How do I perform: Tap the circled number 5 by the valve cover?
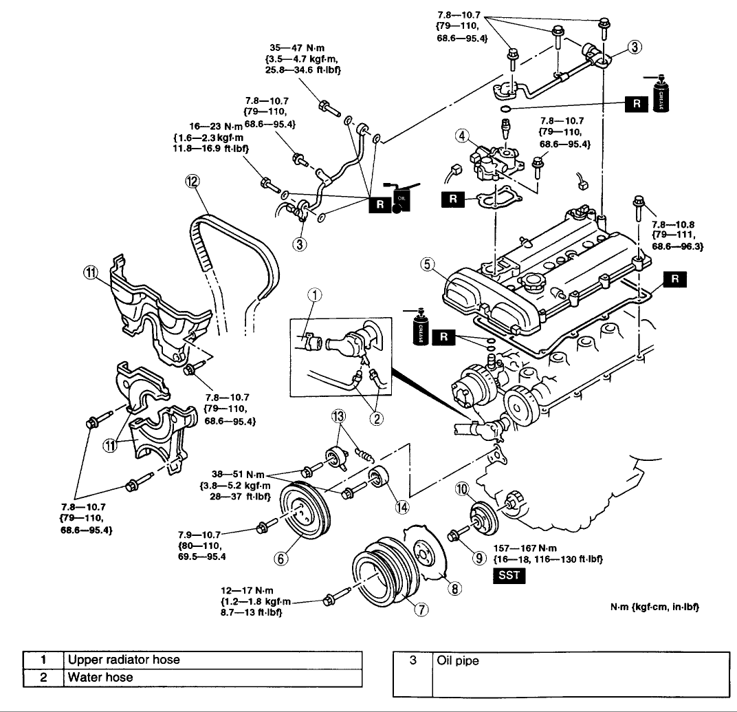427,264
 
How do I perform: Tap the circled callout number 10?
463,489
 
